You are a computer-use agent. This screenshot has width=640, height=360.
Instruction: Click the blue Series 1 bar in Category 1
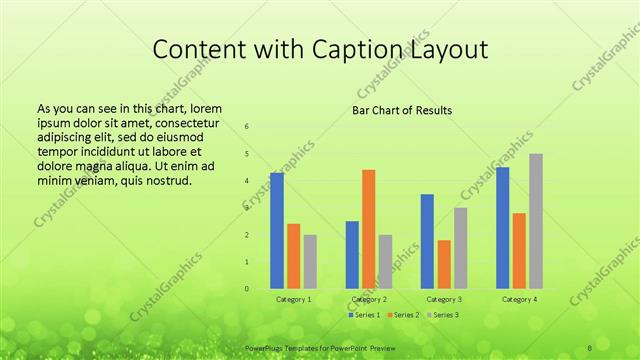coord(277,231)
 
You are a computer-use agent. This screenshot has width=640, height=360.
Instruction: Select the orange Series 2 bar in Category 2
coord(368,229)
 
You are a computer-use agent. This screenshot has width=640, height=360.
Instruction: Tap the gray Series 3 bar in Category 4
coord(536,221)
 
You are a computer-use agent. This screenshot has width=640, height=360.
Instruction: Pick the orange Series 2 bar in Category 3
coord(444,264)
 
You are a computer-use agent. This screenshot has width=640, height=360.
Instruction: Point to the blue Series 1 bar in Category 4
coord(503,228)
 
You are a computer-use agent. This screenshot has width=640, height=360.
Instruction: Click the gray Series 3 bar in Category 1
coord(310,262)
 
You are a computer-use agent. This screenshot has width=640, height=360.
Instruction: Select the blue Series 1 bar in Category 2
coord(352,255)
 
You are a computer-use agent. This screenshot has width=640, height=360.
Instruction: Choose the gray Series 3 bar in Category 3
coord(460,248)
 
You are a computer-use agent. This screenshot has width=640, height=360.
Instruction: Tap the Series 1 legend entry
coord(364,315)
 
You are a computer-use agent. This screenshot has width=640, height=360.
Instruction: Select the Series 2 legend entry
coord(402,315)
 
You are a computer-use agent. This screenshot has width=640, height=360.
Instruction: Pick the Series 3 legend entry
coord(442,315)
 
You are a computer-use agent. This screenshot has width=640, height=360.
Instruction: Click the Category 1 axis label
coord(293,299)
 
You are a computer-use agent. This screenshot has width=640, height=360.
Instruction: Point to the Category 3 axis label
coord(443,299)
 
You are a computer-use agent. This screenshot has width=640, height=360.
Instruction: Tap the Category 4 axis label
coord(519,299)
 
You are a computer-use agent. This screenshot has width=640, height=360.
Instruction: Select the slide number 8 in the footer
coord(590,347)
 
